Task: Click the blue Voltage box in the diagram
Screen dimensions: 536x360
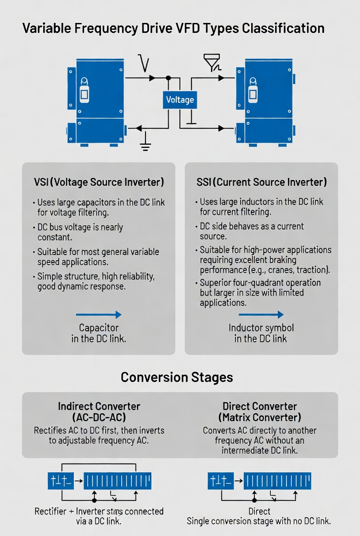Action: [180, 100]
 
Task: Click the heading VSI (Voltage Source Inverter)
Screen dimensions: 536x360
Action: [99, 182]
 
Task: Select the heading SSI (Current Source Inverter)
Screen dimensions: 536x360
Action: [261, 182]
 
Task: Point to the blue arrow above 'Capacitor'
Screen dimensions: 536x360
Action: [99, 315]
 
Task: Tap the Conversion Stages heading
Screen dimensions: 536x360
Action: [177, 377]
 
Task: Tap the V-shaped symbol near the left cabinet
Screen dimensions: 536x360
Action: [144, 63]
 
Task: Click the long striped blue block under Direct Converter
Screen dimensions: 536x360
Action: [277, 481]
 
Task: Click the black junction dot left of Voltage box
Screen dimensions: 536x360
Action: [168, 78]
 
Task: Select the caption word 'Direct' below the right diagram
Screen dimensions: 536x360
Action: [259, 511]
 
